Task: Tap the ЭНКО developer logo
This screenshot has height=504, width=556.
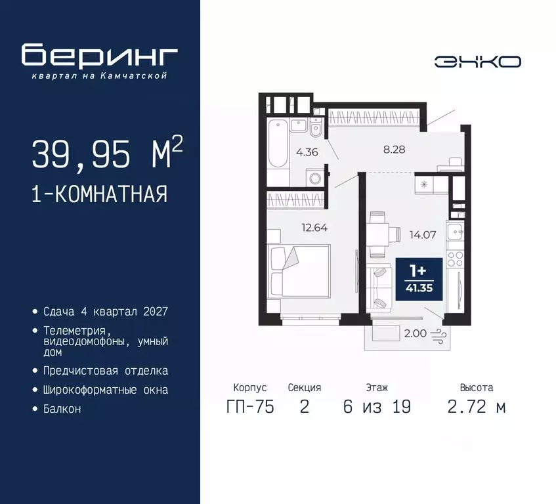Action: click(x=477, y=62)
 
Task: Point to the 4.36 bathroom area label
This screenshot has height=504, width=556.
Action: click(x=307, y=153)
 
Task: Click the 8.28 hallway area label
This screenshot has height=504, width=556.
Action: click(x=394, y=149)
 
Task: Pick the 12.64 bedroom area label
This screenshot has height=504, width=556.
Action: click(x=314, y=228)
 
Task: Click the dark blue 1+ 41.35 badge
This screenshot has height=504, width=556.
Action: click(x=416, y=278)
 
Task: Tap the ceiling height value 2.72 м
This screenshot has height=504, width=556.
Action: click(x=477, y=407)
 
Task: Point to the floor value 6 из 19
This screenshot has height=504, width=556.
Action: click(x=377, y=407)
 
